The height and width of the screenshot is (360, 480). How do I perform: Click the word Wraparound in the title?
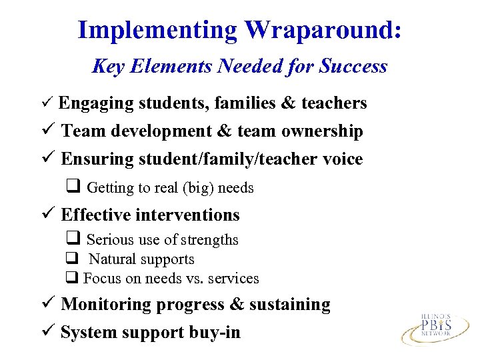tap(322, 30)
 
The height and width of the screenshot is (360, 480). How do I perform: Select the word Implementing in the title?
tap(157, 30)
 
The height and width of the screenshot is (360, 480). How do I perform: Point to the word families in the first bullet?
tap(241, 103)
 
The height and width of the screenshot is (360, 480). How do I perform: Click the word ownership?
tap(322, 131)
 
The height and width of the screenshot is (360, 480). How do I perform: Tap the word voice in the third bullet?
tap(342, 159)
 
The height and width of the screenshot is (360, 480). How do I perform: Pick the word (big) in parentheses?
tap(192, 188)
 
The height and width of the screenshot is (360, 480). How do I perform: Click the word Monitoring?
tap(106, 305)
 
